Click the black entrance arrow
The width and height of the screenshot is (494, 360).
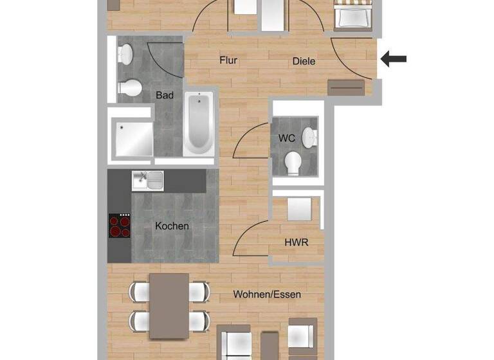pos(394,59)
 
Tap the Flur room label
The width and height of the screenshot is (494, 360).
pos(228,61)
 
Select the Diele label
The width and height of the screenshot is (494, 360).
pos(304,62)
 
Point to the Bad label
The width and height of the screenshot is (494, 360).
pos(165,95)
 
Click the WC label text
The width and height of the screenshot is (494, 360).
pos(286,138)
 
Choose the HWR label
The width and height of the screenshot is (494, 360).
pos(296,242)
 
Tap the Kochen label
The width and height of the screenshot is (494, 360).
pos(172,226)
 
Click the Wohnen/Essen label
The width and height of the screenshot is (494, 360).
pos(267,294)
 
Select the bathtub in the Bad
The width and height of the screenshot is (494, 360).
pos(199,123)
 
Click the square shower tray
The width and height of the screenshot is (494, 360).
pos(131,138)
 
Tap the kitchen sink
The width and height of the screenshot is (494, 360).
pos(147,180)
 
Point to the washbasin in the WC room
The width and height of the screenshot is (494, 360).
pos(309,136)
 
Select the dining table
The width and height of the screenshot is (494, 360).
pos(169,305)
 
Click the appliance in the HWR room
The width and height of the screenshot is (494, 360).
pos(298,210)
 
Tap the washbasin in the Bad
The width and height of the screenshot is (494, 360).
pos(125,55)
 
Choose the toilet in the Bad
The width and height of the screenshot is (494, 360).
pos(131,87)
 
